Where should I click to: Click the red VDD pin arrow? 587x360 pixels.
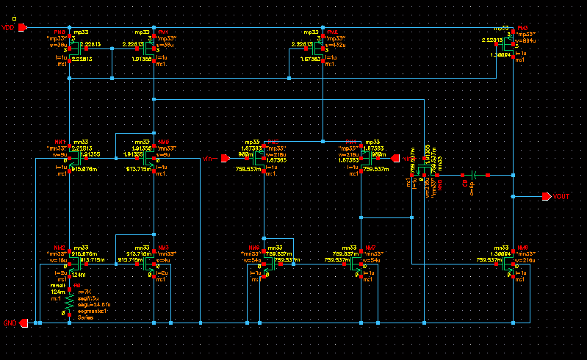point(23,27)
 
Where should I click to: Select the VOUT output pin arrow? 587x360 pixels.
point(546,197)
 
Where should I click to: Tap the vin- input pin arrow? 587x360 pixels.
point(226,157)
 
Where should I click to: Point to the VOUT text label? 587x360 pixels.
point(561,197)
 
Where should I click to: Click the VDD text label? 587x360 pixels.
point(8,27)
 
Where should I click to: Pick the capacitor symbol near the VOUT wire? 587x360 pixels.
point(474,176)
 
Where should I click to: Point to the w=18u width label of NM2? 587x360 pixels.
point(59,260)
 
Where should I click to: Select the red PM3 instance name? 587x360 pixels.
point(523,27)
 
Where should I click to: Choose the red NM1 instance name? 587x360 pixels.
point(60,141)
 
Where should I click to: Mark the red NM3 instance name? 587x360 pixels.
point(163,248)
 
